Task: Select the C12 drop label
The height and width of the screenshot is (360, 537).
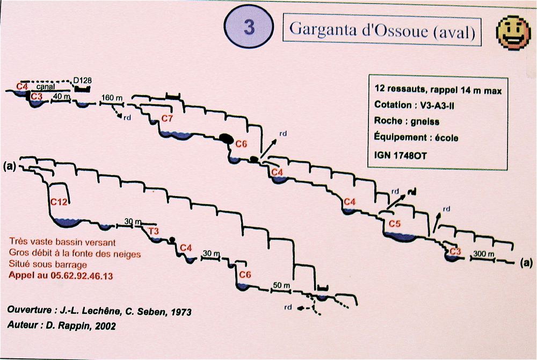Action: click(x=59, y=201)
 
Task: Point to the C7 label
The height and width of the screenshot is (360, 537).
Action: click(x=167, y=119)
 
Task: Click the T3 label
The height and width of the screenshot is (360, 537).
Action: click(x=154, y=231)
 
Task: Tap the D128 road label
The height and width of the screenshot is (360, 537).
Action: click(x=83, y=80)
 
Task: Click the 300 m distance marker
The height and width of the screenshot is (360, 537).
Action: click(x=484, y=254)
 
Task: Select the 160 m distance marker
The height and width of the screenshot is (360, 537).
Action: click(x=112, y=98)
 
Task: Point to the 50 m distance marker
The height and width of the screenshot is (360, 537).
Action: click(x=281, y=285)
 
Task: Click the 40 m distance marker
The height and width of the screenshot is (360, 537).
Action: click(x=61, y=97)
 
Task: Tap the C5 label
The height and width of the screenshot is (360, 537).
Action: click(x=395, y=224)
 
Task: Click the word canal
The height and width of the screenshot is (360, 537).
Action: click(x=46, y=87)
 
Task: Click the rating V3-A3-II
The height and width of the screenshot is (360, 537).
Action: click(x=437, y=105)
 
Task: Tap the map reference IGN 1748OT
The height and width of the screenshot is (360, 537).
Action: click(x=401, y=156)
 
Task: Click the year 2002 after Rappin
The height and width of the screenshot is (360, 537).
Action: click(x=106, y=326)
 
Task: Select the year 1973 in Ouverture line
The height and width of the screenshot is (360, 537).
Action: click(x=181, y=312)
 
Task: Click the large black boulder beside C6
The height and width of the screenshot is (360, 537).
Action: click(x=227, y=139)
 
